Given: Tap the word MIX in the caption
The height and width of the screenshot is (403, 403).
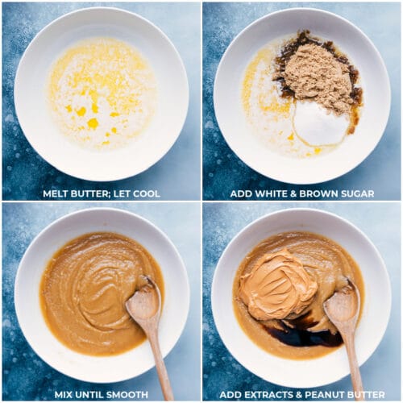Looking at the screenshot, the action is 64,395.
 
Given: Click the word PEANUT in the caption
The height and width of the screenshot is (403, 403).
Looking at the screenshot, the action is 324,395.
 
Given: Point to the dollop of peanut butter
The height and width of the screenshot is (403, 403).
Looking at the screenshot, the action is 278,285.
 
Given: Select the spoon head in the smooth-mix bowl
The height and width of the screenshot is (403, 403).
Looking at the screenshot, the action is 144,300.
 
